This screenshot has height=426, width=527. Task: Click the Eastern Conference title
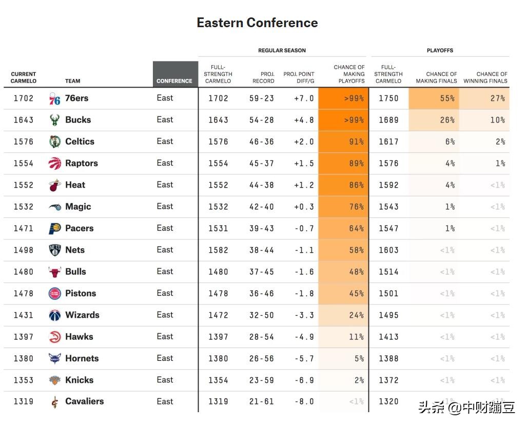[x=257, y=23]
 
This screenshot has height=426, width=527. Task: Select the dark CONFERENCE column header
[x=175, y=75]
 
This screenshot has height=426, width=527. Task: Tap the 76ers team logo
[x=55, y=98]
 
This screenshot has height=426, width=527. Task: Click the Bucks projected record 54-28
[x=262, y=120]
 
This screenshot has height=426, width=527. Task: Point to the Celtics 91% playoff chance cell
[x=343, y=142]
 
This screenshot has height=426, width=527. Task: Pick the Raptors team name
[x=82, y=164]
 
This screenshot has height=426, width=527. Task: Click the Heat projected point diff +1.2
[x=304, y=185]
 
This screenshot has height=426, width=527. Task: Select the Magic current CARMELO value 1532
[x=24, y=207]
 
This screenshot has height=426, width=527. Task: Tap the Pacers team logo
[x=55, y=229]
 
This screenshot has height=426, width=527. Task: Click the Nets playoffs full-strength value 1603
[x=388, y=250]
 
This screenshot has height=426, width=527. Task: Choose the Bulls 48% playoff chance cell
[x=343, y=272]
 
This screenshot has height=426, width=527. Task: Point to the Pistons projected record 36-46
[x=262, y=294]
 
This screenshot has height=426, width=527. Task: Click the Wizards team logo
[x=55, y=315]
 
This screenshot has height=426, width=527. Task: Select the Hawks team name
[x=79, y=337]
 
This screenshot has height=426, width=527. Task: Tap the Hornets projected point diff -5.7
[x=304, y=359]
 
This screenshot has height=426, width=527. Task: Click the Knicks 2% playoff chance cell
[x=343, y=380]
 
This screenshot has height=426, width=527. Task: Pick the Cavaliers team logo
[x=55, y=402]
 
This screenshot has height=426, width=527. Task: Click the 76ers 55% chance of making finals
[x=434, y=98]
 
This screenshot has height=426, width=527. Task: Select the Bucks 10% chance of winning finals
[x=484, y=120]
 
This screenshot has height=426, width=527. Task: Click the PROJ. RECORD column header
[x=264, y=77]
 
